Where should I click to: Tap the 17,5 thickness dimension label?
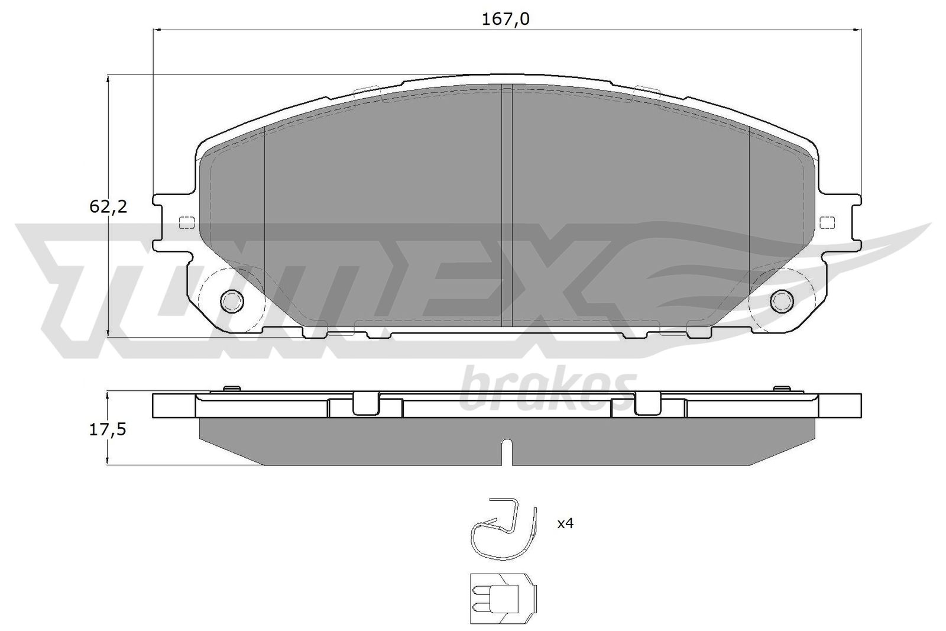pyautogui.click(x=108, y=430)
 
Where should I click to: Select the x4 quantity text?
pyautogui.click(x=566, y=523)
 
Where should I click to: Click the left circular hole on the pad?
pyautogui.click(x=232, y=301)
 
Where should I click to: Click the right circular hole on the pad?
pyautogui.click(x=783, y=300)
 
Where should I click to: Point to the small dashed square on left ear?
pyautogui.click(x=186, y=223)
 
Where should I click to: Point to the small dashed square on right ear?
pyautogui.click(x=828, y=222)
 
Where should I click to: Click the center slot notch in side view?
pyautogui.click(x=507, y=452)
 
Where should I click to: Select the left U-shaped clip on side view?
pyautogui.click(x=366, y=404)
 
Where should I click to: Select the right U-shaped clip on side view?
pyautogui.click(x=647, y=404)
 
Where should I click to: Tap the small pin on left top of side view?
pyautogui.click(x=231, y=389)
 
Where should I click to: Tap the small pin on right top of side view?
pyautogui.click(x=782, y=389)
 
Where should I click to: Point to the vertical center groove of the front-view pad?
pyautogui.click(x=507, y=207)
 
